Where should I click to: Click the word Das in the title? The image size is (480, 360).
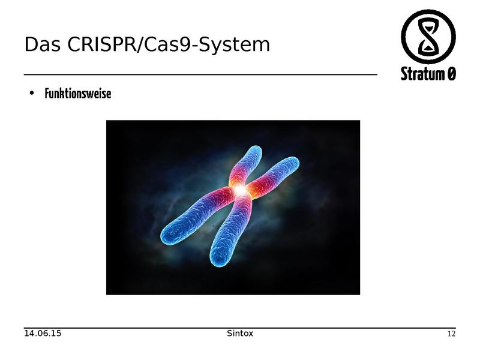[41, 44]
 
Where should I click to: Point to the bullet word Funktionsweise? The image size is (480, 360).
[78, 94]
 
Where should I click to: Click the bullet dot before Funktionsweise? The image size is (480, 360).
[31, 94]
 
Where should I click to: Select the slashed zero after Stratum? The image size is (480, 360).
[451, 74]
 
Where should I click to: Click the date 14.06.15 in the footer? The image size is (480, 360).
[43, 333]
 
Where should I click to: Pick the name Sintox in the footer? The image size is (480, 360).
[240, 333]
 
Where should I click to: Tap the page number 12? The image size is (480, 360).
[452, 334]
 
